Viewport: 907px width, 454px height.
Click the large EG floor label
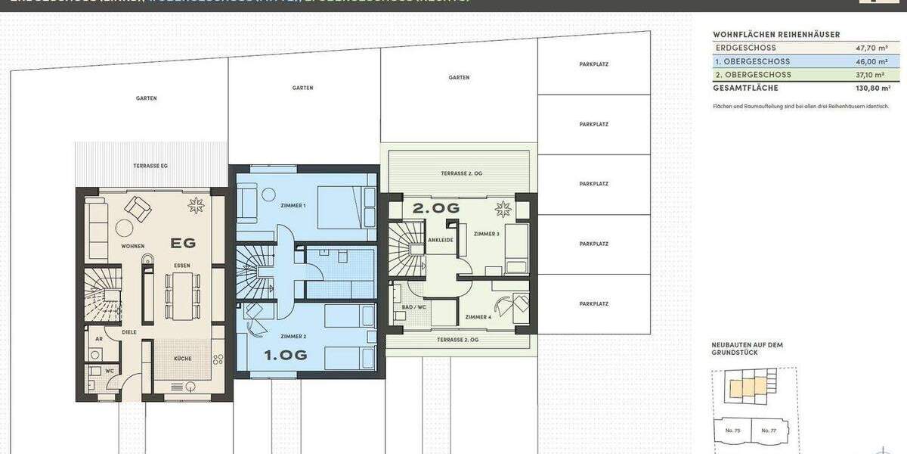coord(183,243)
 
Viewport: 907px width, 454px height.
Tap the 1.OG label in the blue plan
coord(285,354)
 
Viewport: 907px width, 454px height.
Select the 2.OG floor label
coord(436,207)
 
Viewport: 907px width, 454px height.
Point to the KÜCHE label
coord(183,359)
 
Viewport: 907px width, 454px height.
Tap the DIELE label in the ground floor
coord(130,331)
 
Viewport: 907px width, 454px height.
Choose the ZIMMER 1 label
coord(293,206)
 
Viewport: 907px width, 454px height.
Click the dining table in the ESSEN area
coord(181,294)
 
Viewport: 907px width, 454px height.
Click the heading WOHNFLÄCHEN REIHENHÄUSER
coord(776,34)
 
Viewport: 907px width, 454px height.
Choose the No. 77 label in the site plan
coord(768,431)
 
